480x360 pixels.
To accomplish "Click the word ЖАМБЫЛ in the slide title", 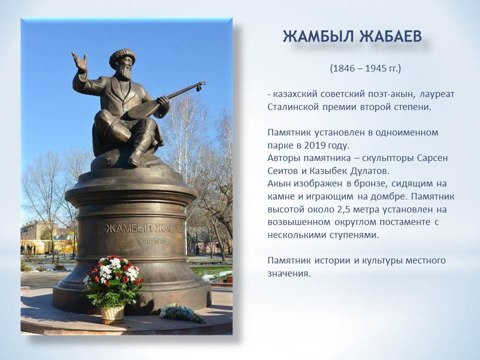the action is click(x=318, y=36).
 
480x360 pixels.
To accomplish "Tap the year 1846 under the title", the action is click(x=343, y=68).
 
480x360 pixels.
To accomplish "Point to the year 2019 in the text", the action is click(x=314, y=145).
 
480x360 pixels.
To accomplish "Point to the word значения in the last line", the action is click(x=289, y=273).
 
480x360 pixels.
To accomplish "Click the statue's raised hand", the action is click(x=79, y=61).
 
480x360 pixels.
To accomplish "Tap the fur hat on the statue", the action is click(x=122, y=56).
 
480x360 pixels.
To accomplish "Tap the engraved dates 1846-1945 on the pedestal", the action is click(x=151, y=241).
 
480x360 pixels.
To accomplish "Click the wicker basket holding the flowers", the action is click(x=112, y=314).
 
